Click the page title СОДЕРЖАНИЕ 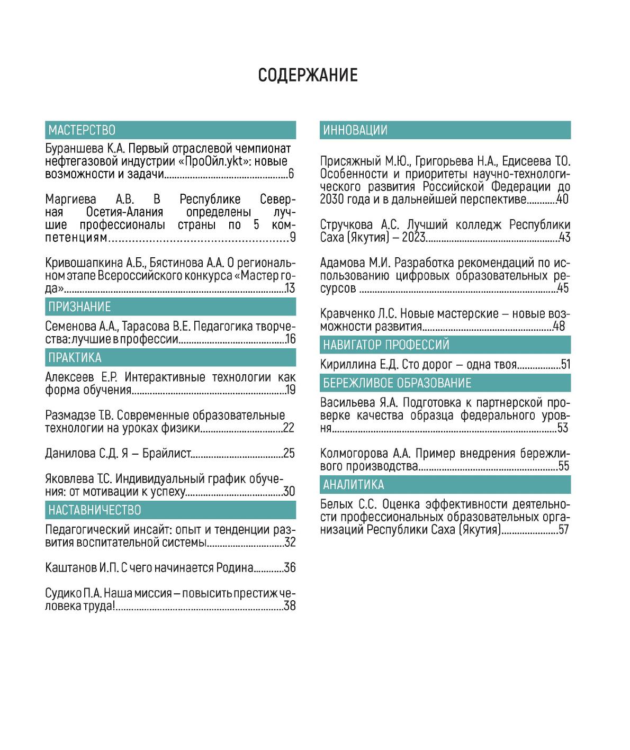coord(308,75)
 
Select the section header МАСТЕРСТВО coord(82,130)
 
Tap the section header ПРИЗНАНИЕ coord(79,307)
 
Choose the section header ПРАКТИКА coord(75,357)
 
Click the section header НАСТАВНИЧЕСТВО coord(95,510)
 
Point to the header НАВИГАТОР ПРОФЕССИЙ coord(386,345)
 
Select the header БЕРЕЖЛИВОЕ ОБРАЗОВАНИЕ coord(397,383)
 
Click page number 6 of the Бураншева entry coord(291,174)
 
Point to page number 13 coord(290,288)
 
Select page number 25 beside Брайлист coord(289,454)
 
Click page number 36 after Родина coord(290,568)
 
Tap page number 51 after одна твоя coord(565,365)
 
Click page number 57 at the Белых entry coord(563,529)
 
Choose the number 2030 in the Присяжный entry coord(332,200)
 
